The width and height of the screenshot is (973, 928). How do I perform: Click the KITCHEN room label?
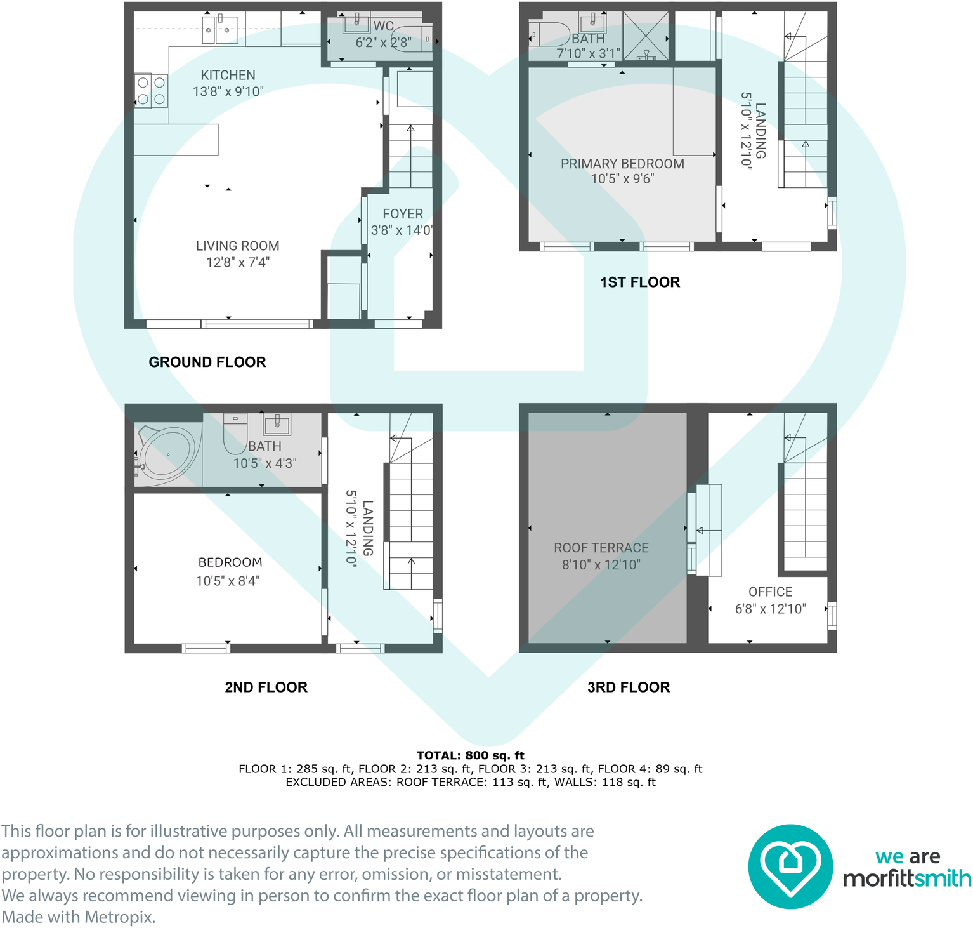[x=228, y=75]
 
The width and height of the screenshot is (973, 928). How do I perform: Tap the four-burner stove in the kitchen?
[x=151, y=91]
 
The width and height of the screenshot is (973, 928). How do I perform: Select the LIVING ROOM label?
[x=237, y=246]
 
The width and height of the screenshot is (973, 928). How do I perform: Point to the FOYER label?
[x=403, y=214]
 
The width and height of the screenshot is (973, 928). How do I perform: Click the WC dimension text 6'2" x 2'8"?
[x=383, y=43]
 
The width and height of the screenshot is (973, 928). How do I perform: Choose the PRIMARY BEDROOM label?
[x=622, y=164]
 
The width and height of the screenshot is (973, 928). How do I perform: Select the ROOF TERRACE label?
[x=601, y=548]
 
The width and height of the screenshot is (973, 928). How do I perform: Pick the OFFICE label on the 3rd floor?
[x=770, y=592]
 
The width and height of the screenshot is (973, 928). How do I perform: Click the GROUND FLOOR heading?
[x=207, y=362]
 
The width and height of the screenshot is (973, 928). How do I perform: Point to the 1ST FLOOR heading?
[x=640, y=282]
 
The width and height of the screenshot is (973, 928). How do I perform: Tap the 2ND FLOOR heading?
[x=266, y=687]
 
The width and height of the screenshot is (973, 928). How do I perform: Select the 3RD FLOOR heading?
[x=629, y=687]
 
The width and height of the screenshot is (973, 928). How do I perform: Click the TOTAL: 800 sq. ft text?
[x=471, y=755]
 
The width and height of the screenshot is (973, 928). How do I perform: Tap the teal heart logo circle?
[x=790, y=866]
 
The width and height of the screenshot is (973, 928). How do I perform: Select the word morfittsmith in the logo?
[x=907, y=878]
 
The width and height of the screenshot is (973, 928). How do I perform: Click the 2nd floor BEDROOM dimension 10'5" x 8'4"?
[x=228, y=581]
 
